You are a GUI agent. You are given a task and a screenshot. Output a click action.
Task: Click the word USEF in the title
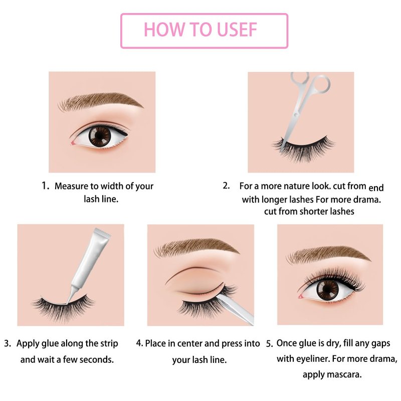tap(237, 30)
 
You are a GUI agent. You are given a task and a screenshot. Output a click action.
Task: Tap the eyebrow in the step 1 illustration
tap(101, 101)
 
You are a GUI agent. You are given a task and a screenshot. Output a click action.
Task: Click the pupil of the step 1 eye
tap(100, 136)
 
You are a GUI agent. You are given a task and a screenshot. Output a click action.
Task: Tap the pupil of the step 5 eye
tap(327, 290)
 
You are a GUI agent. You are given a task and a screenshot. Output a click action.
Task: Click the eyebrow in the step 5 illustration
tap(329, 254)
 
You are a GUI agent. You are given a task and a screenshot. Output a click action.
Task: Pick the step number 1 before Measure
tap(45, 185)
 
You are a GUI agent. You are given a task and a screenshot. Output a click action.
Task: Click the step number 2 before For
tap(226, 185)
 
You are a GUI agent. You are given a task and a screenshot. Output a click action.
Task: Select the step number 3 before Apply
tap(8, 343)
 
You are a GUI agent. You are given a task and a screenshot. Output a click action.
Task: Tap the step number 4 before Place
tap(140, 343)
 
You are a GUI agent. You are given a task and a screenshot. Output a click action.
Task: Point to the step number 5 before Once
tap(270, 344)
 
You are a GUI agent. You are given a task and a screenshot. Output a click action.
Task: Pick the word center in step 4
tap(189, 343)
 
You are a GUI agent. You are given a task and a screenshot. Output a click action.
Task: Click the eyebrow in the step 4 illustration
tap(197, 247)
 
